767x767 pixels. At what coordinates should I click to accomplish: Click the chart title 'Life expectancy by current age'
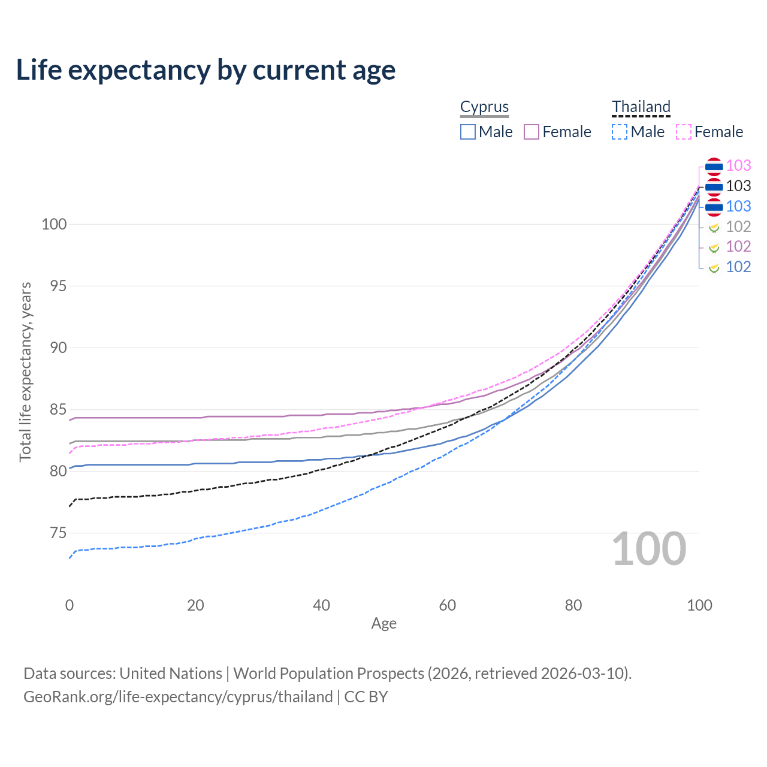click(206, 70)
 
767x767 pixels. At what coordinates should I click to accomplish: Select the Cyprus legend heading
click(484, 107)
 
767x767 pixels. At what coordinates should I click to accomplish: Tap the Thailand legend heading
click(641, 106)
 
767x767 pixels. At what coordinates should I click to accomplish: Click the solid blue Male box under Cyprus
click(467, 132)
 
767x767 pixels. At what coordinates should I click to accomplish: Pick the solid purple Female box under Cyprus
click(532, 132)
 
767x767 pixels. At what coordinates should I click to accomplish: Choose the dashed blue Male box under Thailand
click(620, 132)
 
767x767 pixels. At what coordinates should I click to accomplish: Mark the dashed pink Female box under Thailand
click(684, 132)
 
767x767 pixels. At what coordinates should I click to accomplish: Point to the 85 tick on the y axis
click(58, 409)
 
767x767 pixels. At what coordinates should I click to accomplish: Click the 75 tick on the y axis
click(58, 533)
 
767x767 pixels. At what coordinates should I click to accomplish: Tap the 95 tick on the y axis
click(58, 286)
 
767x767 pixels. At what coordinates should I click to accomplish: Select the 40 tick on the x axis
click(321, 605)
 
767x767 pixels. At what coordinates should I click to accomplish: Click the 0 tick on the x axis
click(70, 605)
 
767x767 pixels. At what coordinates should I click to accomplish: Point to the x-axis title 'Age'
click(383, 623)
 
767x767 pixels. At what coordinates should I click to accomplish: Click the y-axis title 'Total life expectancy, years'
click(25, 372)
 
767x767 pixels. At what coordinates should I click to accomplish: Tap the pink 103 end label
click(738, 165)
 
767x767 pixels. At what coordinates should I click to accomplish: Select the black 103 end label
click(738, 186)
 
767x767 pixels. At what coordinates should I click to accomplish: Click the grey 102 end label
click(738, 227)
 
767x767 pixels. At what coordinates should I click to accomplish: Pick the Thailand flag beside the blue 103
click(714, 207)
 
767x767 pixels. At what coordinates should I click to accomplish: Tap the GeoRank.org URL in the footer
click(178, 696)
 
